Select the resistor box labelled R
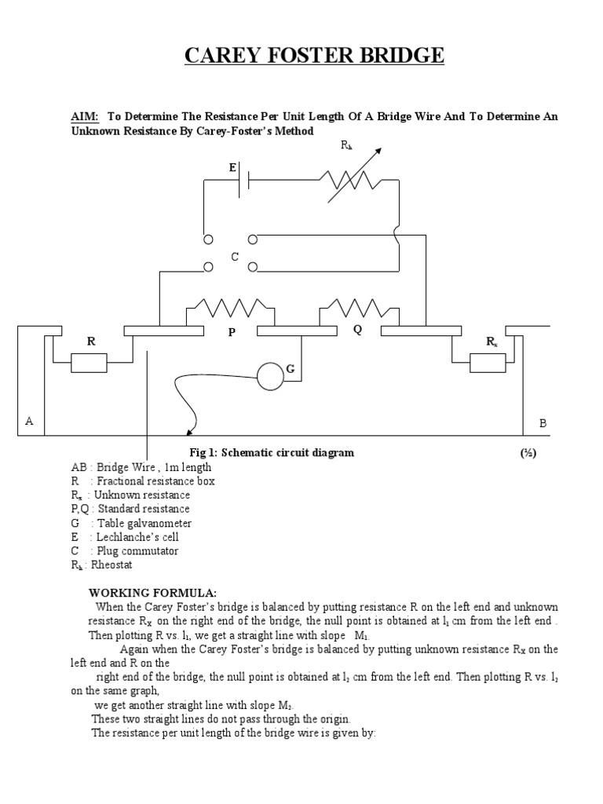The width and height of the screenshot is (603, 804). tap(88, 363)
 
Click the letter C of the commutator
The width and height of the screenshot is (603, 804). tap(234, 256)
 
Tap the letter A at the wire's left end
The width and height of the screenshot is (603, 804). tap(29, 421)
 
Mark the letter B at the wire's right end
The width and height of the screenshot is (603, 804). tap(542, 422)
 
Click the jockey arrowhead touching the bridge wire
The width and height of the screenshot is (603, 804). tap(188, 431)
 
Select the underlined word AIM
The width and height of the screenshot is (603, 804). tap(84, 116)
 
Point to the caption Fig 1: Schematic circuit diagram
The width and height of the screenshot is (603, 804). tap(272, 452)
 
